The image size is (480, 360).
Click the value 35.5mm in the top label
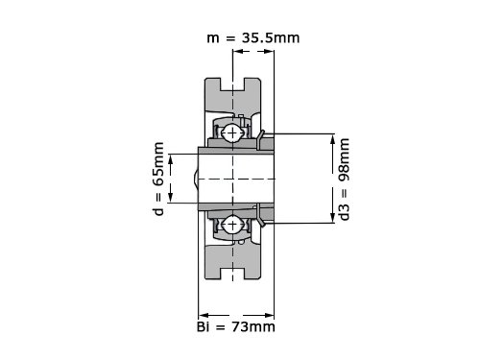pyautogui.click(x=271, y=37)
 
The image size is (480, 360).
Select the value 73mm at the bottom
pyautogui.click(x=253, y=327)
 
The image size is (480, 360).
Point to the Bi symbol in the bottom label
pyautogui.click(x=204, y=327)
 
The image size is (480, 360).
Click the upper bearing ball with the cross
pyautogui.click(x=232, y=132)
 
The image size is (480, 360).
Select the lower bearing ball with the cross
pyautogui.click(x=232, y=225)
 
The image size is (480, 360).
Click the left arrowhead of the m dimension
pyautogui.click(x=237, y=51)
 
